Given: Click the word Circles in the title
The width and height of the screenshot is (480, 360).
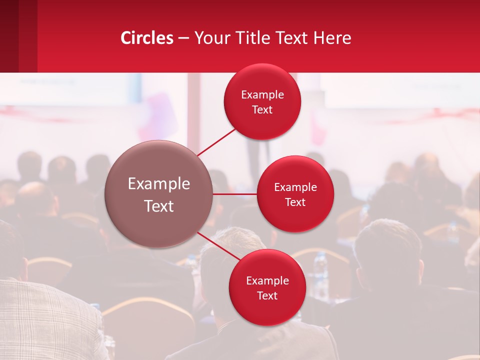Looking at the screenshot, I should click(x=147, y=38).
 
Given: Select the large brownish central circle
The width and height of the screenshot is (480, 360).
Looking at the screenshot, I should click(x=159, y=194).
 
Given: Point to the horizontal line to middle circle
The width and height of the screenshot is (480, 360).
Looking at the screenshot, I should click(x=235, y=193).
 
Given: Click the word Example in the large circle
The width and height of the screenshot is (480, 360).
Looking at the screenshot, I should click(x=159, y=184).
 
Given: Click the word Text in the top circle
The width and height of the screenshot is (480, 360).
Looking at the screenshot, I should click(x=262, y=109).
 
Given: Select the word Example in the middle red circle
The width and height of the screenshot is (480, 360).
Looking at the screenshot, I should click(x=295, y=187).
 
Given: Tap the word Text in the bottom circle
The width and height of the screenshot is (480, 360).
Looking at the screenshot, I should click(x=267, y=295).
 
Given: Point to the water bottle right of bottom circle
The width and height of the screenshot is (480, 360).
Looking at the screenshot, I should click(x=320, y=270).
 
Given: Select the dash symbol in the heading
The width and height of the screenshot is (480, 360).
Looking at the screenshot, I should click(x=183, y=38).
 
